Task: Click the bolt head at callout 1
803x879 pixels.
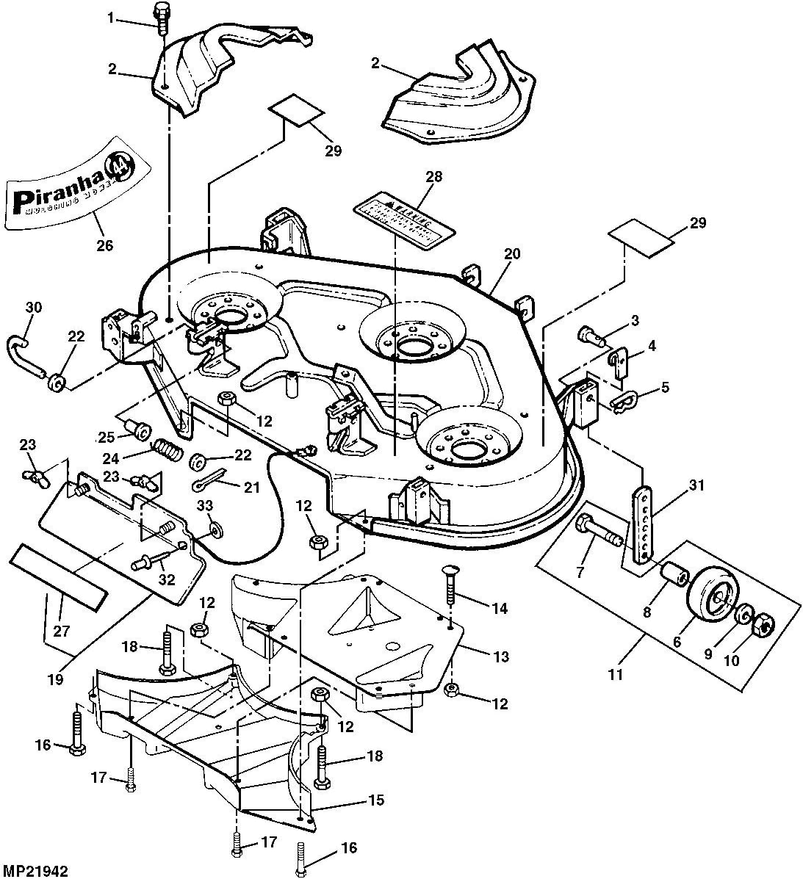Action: (x=162, y=12)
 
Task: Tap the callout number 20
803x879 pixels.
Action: (x=511, y=253)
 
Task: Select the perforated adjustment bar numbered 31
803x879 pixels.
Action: (x=644, y=524)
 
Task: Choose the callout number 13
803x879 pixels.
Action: (x=501, y=656)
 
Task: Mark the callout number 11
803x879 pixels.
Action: (x=616, y=673)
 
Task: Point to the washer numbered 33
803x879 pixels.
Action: (x=214, y=529)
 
